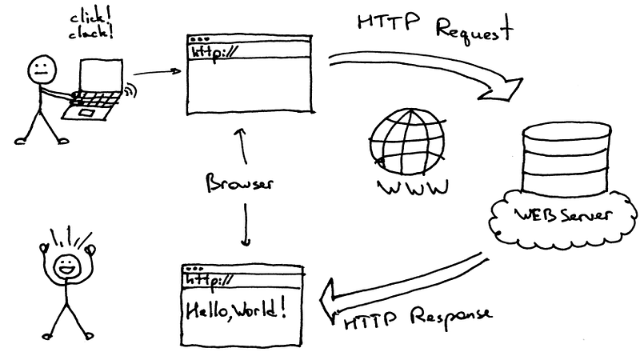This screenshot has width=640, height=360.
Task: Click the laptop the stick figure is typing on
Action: click(x=97, y=88)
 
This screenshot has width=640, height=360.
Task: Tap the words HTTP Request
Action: click(x=433, y=28)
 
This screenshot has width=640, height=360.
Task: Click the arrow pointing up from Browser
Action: click(x=238, y=144)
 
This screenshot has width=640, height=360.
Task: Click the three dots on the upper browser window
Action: click(x=197, y=38)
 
